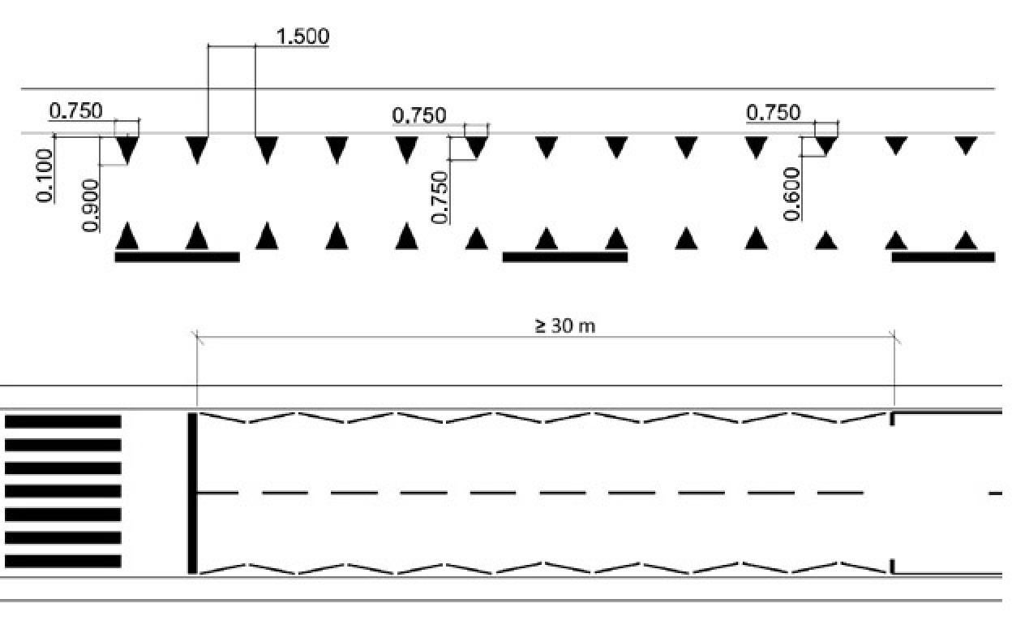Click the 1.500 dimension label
coord(302,37)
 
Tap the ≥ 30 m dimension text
coord(565,325)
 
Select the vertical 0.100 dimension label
coord(45,175)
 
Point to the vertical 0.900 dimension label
coord(90,205)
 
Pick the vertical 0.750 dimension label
coord(440,197)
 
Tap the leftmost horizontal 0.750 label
coord(76,111)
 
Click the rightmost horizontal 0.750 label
coord(773,112)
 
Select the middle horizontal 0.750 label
coord(419,115)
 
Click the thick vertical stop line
coord(192,493)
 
